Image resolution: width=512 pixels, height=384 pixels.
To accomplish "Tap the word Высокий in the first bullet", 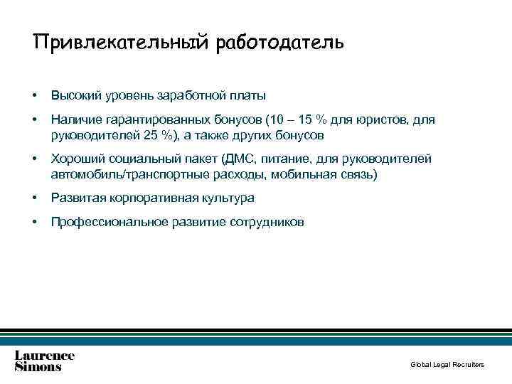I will [75, 95].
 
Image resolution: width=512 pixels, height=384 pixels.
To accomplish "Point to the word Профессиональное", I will [109, 222].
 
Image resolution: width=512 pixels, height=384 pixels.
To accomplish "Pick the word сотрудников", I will [267, 222].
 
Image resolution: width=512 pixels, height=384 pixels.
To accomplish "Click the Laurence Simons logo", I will [45, 361].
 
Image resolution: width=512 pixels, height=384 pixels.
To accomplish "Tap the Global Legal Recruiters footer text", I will [447, 365].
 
